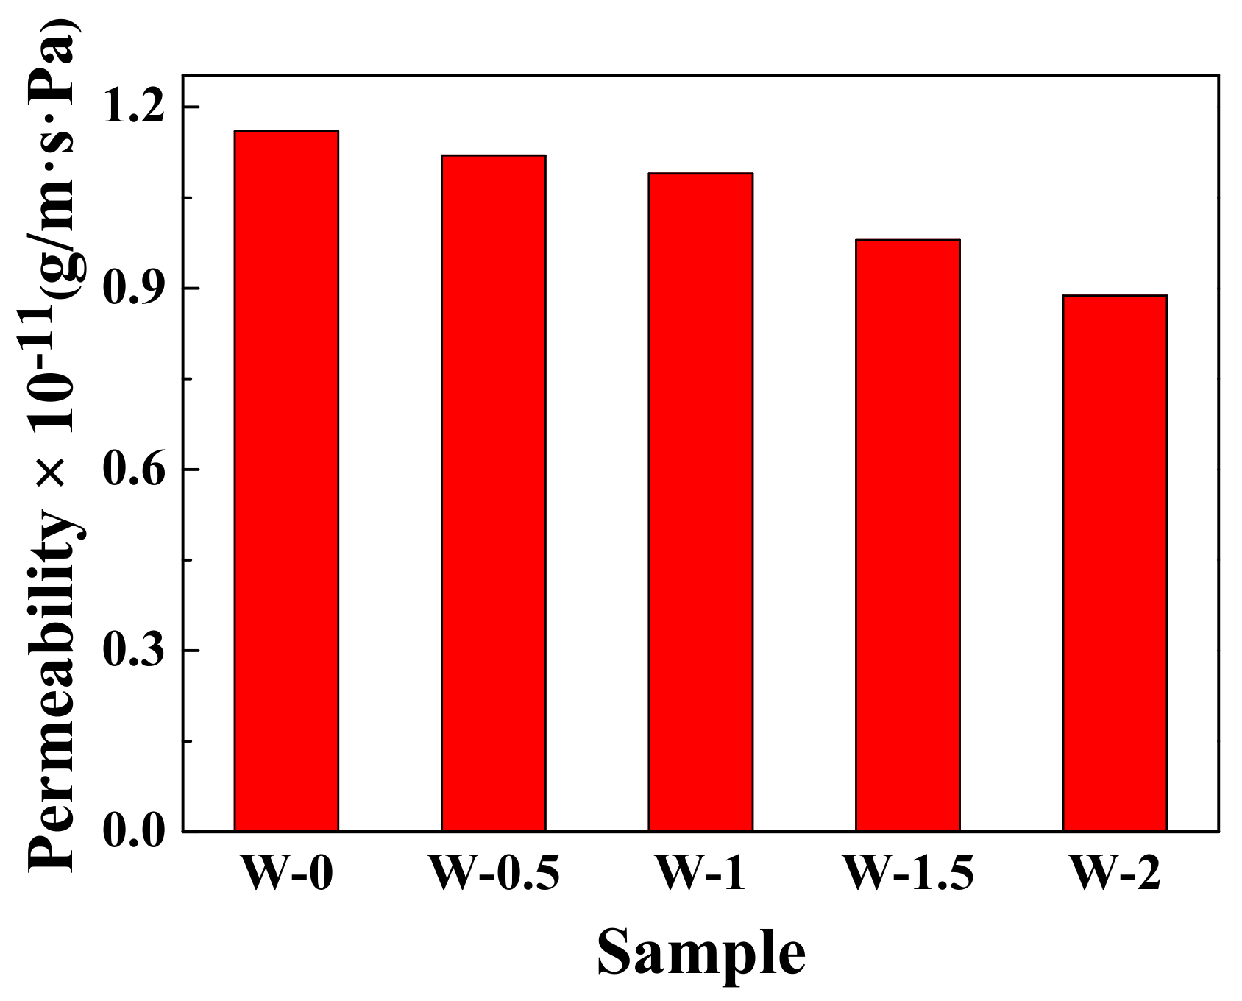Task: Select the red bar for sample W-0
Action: pos(286,481)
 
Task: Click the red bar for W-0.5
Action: pos(493,493)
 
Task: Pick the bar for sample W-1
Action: pos(700,502)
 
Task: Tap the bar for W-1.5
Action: pos(907,536)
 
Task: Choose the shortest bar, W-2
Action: pos(1115,563)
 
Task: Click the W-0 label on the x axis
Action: pos(286,874)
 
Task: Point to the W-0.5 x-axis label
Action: pos(494,874)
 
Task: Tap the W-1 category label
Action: pos(700,874)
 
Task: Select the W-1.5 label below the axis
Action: pos(908,874)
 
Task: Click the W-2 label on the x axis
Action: pos(1115,874)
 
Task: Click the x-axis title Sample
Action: pos(700,953)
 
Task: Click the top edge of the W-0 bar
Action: pos(286,131)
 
